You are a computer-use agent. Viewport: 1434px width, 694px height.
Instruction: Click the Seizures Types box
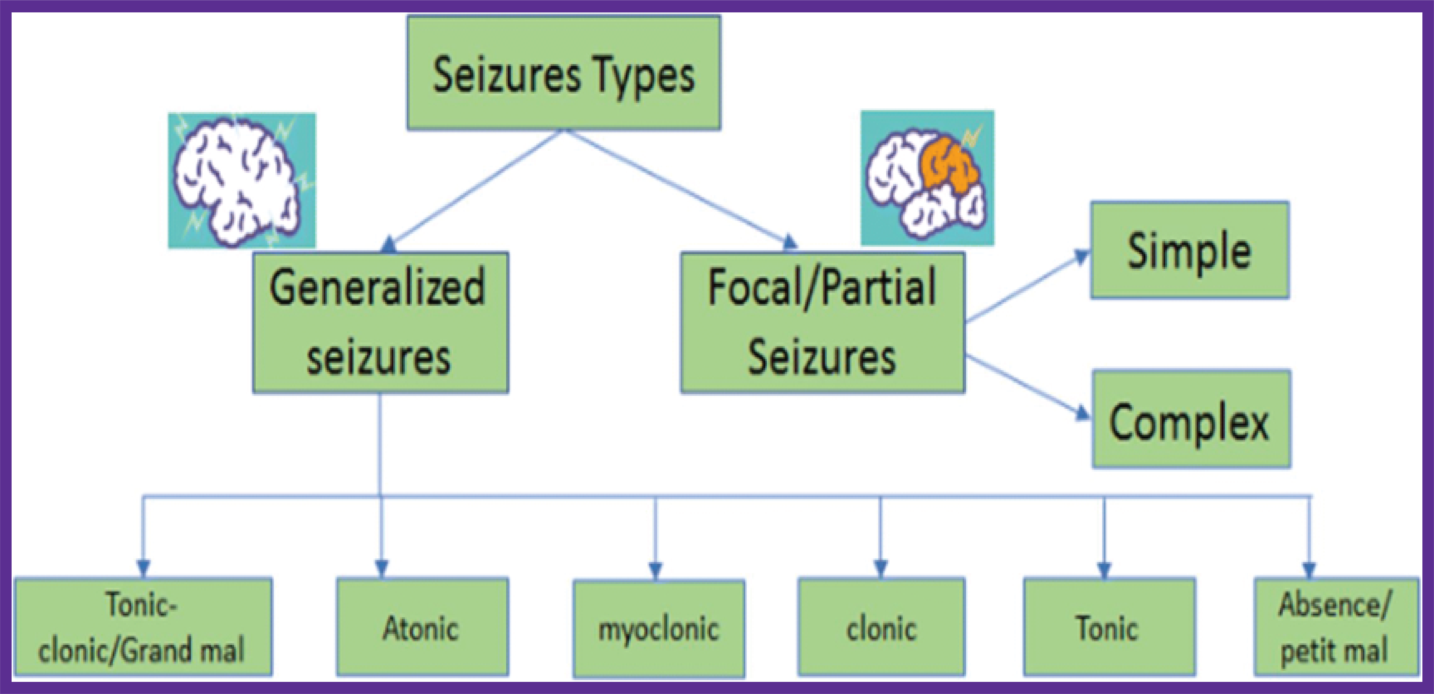[563, 72]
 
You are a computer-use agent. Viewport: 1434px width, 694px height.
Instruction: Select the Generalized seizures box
[380, 323]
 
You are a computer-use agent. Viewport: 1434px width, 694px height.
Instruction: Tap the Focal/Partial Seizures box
[822, 323]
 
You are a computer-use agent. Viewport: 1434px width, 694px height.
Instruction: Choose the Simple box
[1190, 250]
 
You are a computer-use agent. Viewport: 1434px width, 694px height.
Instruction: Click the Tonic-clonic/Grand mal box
[143, 627]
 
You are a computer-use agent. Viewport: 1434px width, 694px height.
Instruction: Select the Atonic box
[422, 627]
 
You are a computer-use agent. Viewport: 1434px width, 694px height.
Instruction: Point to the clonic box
[881, 627]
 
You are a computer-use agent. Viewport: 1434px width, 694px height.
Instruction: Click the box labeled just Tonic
[1109, 627]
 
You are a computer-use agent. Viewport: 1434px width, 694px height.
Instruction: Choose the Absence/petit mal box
[1336, 627]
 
